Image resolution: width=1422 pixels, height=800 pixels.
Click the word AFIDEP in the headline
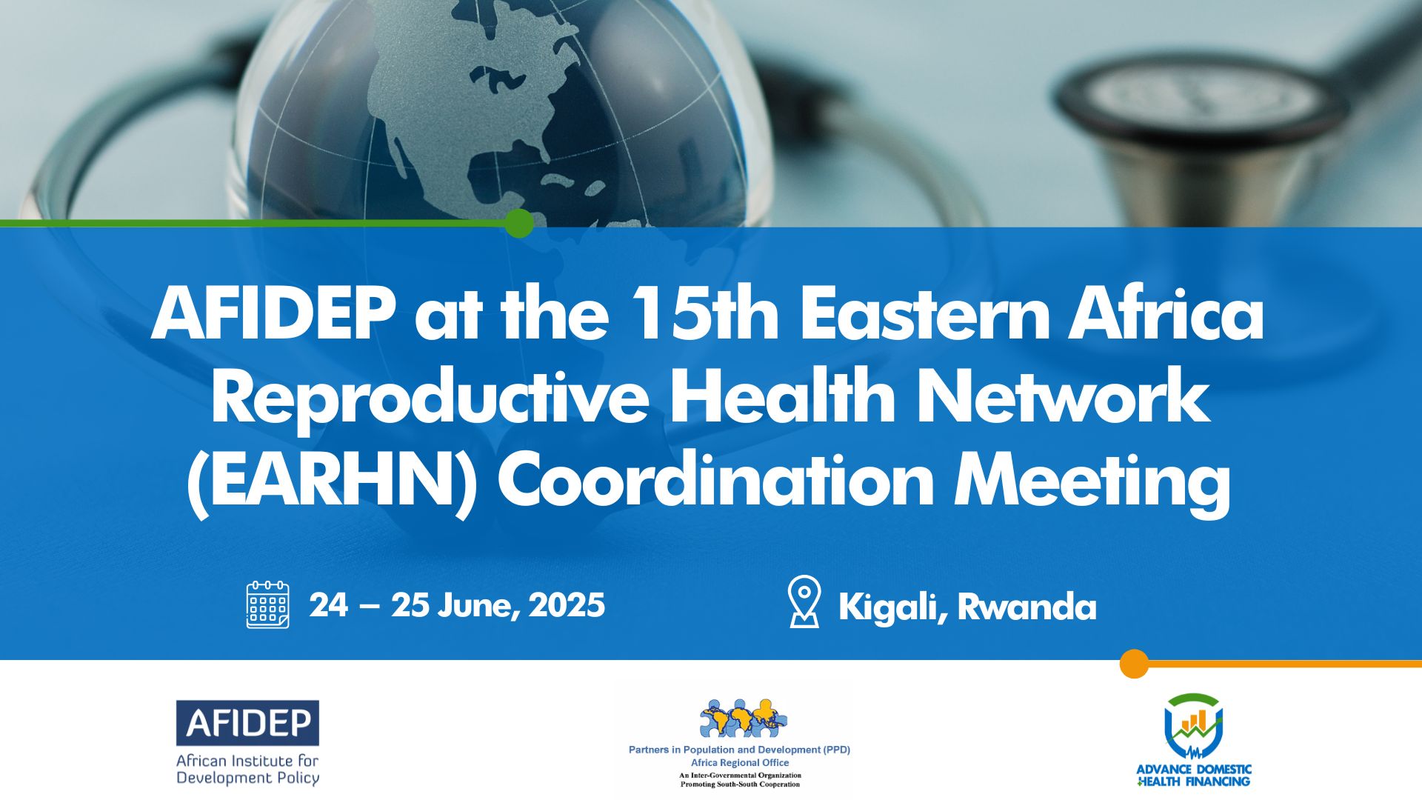[273, 313]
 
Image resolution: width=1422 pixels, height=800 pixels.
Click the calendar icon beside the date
[267, 604]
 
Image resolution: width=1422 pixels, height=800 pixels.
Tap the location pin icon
[804, 601]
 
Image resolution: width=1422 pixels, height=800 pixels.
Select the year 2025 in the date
[567, 605]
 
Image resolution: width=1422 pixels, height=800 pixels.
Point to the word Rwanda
[1027, 607]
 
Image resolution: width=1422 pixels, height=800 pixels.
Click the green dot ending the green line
[519, 223]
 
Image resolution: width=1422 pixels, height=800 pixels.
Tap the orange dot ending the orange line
[1134, 664]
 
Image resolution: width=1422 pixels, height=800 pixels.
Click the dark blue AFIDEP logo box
[247, 723]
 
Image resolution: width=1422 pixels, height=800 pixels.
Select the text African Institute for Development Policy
[247, 769]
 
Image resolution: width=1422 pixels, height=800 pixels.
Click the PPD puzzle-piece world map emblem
[743, 719]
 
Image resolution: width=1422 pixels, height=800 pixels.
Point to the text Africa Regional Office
[740, 762]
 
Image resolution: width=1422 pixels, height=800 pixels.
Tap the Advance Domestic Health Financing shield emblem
[1193, 727]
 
